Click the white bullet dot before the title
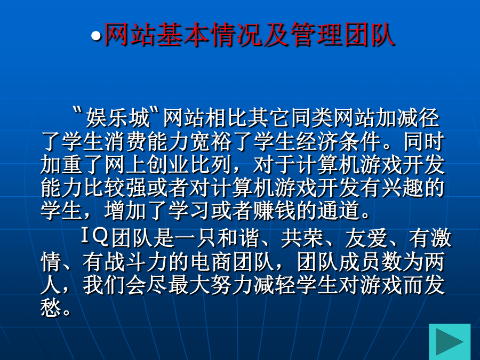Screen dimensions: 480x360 [x=96, y=36]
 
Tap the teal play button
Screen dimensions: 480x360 [x=450, y=341]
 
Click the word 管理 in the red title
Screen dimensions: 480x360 [x=316, y=34]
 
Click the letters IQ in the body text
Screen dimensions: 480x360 [x=95, y=237]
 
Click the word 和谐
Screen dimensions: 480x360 [x=239, y=237]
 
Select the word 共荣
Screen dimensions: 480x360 [x=302, y=237]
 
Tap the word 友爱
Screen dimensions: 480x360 [x=366, y=237]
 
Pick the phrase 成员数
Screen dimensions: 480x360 [x=370, y=262]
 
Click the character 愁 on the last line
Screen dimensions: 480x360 [x=51, y=307]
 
